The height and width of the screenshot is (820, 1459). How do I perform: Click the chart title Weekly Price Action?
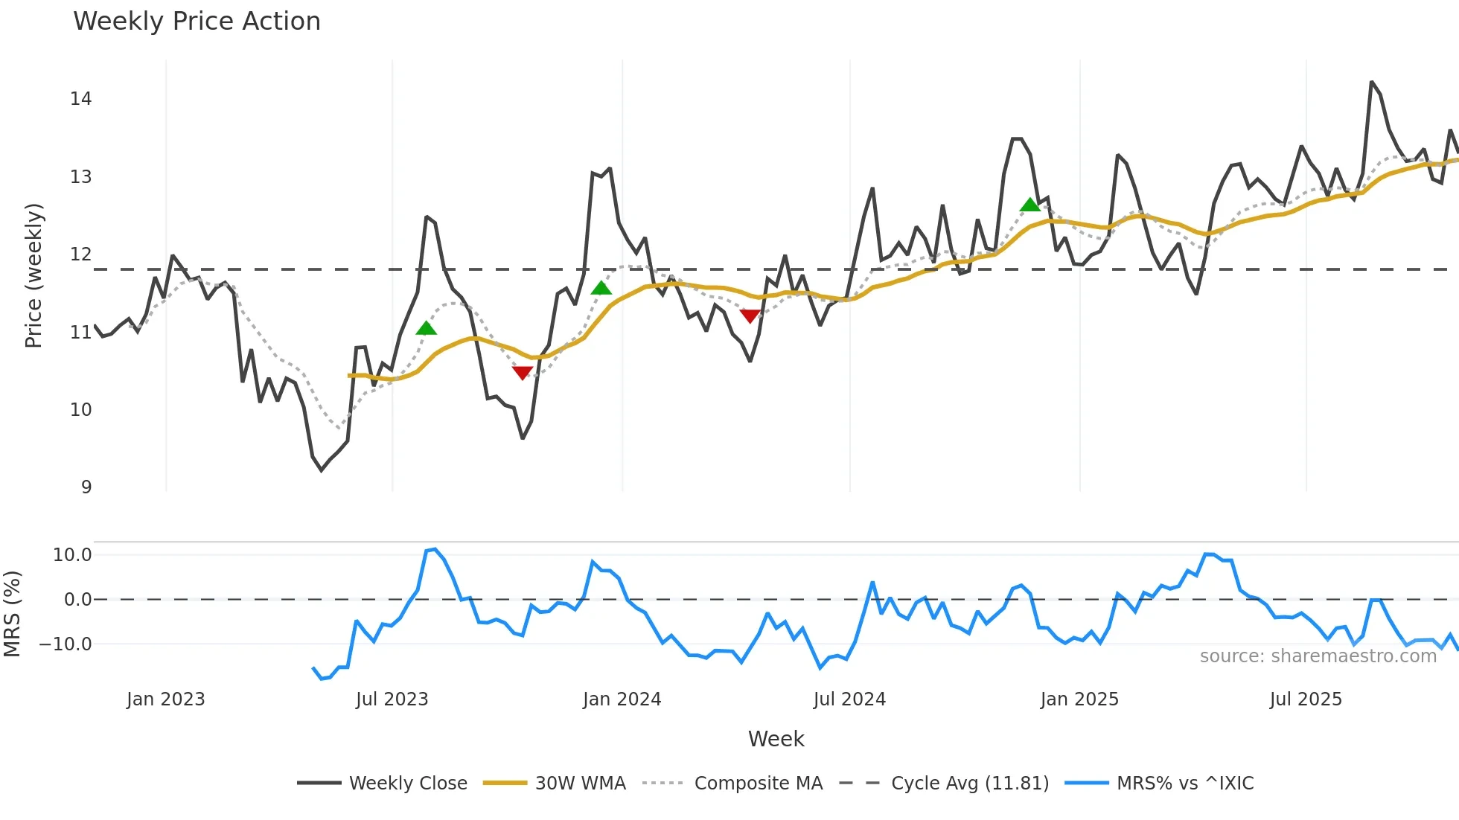(x=197, y=22)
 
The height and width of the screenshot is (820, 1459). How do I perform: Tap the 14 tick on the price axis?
(x=81, y=99)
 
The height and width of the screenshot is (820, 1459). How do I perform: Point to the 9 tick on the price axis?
(x=86, y=487)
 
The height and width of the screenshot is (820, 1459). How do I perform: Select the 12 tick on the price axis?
(x=81, y=254)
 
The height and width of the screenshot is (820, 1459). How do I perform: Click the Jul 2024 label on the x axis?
(x=849, y=699)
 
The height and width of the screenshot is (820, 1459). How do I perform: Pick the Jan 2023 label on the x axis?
(x=165, y=699)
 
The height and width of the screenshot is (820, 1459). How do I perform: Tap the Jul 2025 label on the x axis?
(x=1306, y=699)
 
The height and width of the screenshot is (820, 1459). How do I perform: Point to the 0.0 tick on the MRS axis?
(x=78, y=600)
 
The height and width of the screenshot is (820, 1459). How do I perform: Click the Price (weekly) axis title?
(x=33, y=275)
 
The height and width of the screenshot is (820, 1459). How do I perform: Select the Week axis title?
(x=776, y=739)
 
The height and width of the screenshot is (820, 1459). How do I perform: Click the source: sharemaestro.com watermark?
(x=1318, y=656)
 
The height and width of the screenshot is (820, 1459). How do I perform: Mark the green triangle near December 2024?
(x=1030, y=205)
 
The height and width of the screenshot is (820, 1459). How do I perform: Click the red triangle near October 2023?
(x=523, y=373)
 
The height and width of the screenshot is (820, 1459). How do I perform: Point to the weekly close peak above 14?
(x=1371, y=82)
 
